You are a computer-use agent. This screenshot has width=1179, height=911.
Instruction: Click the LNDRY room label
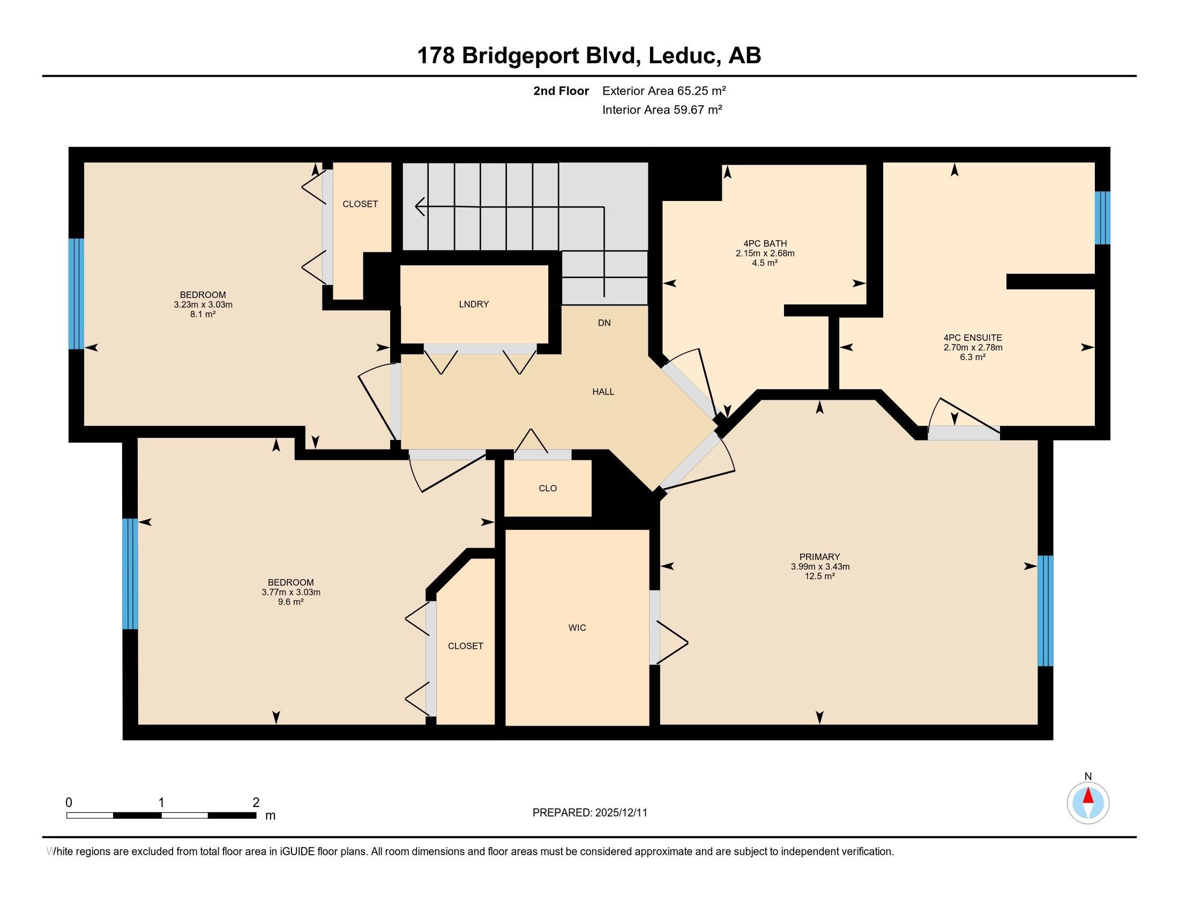tap(473, 304)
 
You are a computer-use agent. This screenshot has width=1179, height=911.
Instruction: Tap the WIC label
tap(577, 628)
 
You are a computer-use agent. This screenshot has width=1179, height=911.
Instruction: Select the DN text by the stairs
tap(603, 323)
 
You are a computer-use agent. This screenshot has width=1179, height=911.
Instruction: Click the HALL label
tap(603, 392)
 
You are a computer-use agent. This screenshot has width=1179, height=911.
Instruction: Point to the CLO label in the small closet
tap(547, 488)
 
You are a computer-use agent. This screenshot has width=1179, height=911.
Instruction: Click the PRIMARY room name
tap(819, 557)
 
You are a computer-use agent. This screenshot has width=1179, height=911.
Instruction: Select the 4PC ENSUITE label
tap(972, 338)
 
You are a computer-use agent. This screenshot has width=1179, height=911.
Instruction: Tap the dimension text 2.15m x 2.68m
tap(764, 253)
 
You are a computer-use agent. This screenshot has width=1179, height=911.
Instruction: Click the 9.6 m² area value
tap(290, 602)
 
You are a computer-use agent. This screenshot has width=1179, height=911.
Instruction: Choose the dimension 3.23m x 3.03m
tap(203, 304)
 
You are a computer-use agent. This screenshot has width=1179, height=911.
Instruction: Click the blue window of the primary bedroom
tap(1045, 611)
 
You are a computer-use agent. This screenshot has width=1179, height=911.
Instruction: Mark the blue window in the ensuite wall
tap(1102, 218)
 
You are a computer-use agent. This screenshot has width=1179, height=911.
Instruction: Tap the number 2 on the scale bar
tap(256, 802)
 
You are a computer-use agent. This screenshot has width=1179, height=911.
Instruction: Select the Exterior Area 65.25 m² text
tap(663, 91)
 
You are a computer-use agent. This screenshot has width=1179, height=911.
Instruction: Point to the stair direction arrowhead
tap(420, 206)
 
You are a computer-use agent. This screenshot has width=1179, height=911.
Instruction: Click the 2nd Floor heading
tap(561, 91)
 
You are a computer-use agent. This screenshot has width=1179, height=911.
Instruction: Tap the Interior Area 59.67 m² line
tap(662, 110)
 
